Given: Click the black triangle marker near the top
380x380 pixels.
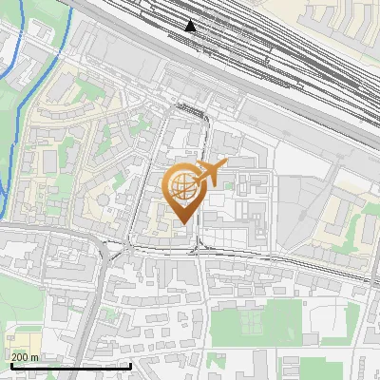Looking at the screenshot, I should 191,25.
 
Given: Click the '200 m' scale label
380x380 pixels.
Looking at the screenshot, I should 25,356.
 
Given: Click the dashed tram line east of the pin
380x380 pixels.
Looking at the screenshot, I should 285,261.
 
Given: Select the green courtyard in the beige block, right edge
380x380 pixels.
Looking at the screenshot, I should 364,228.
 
